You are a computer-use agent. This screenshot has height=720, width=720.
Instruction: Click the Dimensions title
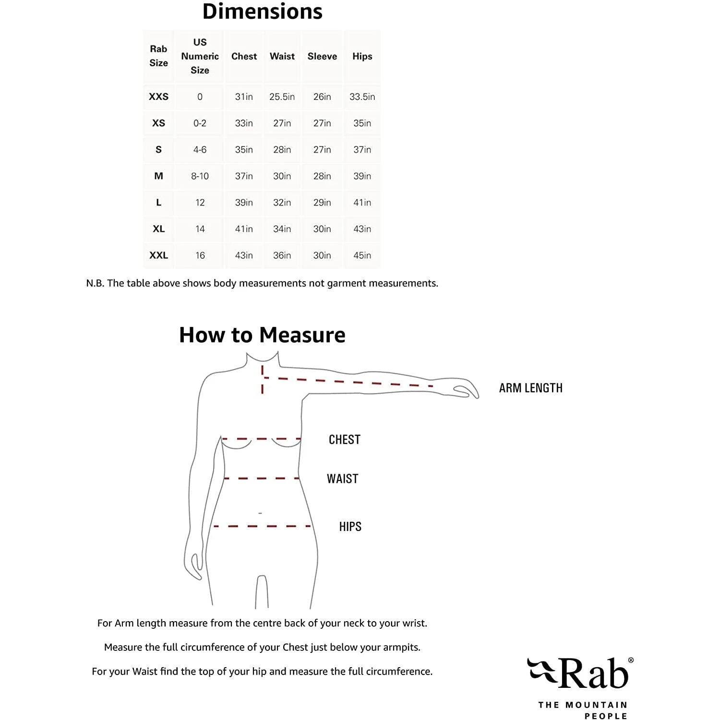pos(262,12)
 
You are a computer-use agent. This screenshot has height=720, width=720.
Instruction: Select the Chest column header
pos(244,56)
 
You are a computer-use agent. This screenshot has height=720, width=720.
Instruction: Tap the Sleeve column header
pos(322,56)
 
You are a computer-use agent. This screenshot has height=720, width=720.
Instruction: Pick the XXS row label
pos(158,96)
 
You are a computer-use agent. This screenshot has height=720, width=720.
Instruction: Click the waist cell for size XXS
pos(282,96)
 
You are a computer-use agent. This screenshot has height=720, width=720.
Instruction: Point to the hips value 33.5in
pos(362,96)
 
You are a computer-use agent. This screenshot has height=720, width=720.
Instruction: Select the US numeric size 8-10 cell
pos(200,176)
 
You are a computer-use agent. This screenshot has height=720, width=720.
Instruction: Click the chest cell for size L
pos(244,203)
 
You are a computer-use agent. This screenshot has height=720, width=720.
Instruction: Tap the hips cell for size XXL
pos(362,255)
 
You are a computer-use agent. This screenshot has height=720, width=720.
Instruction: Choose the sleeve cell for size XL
pos(322,229)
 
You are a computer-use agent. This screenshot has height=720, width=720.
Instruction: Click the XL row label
pos(158,229)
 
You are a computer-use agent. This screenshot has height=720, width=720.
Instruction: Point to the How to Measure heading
pos(262,335)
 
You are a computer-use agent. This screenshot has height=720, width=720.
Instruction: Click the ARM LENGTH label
pos(530,388)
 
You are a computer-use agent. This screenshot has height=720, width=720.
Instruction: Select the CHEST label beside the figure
pos(344,439)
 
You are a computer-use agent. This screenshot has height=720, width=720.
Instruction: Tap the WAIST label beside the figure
pos(342,479)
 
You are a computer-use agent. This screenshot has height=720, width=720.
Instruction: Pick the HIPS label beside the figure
pos(350,527)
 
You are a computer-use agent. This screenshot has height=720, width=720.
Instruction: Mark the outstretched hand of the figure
pos(463,390)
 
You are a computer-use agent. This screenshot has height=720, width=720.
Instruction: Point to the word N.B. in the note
pos(95,283)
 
